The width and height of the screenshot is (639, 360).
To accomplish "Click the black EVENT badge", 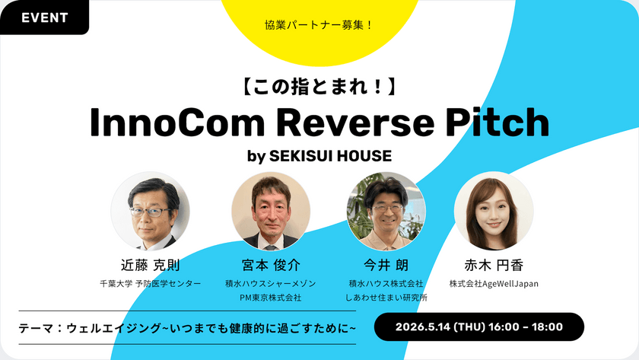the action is pyautogui.click(x=44, y=17).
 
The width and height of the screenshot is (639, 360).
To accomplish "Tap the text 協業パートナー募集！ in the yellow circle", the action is pyautogui.click(x=318, y=25).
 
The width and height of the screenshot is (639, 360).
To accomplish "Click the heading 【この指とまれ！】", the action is pyautogui.click(x=319, y=87).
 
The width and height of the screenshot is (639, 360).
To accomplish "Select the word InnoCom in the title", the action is pyautogui.click(x=177, y=122).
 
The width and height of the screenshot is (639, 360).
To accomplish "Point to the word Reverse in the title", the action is pyautogui.click(x=355, y=122).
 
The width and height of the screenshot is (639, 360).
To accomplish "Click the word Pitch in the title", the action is pyautogui.click(x=498, y=122).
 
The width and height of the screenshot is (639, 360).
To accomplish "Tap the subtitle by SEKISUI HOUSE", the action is pyautogui.click(x=319, y=156).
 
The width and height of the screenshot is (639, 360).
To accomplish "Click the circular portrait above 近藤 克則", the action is pyautogui.click(x=151, y=211).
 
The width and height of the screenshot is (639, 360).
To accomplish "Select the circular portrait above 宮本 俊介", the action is pyautogui.click(x=271, y=211).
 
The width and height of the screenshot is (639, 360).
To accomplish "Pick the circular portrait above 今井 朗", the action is pyautogui.click(x=386, y=211).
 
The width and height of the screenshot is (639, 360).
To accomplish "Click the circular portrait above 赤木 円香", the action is pyautogui.click(x=494, y=211).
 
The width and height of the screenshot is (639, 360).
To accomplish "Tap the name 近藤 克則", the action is pyautogui.click(x=151, y=266).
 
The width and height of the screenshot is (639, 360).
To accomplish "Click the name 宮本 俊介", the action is pyautogui.click(x=271, y=266).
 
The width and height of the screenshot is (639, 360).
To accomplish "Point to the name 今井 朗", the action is pyautogui.click(x=386, y=266).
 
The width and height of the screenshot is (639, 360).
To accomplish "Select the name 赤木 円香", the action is pyautogui.click(x=494, y=266).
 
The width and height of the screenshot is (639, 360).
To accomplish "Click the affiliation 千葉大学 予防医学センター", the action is pyautogui.click(x=151, y=283).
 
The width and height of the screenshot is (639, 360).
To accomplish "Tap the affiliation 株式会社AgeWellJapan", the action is pyautogui.click(x=494, y=283).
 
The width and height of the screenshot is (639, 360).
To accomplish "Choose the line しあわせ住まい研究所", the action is pyautogui.click(x=386, y=298).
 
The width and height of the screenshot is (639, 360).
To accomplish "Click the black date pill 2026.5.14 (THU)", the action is pyautogui.click(x=479, y=327).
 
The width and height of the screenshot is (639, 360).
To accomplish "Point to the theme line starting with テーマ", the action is pyautogui.click(x=187, y=328).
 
